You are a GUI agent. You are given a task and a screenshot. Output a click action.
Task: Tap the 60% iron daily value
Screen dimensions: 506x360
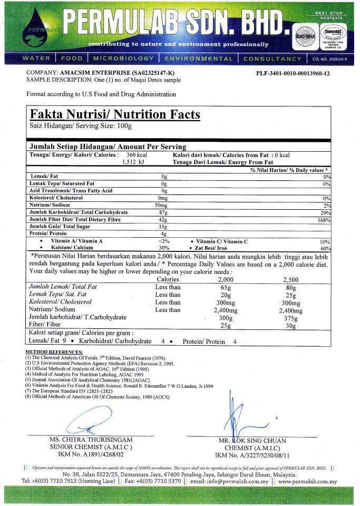[x=325, y=248]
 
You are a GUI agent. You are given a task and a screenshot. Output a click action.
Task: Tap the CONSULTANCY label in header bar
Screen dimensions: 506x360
[x=273, y=59]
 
